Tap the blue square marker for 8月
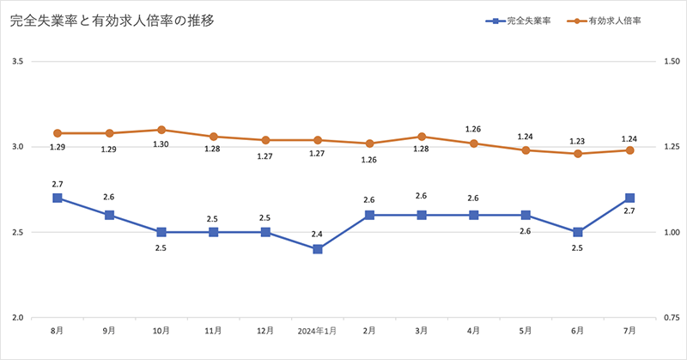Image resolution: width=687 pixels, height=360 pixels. (58, 198)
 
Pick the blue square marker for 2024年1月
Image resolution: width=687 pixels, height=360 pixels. (318, 249)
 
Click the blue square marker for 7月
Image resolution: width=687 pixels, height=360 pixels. (629, 198)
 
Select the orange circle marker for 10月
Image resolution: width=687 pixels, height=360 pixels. (161, 130)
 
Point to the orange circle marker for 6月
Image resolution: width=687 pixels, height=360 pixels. (578, 154)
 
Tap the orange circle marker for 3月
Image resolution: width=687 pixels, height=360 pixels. (422, 137)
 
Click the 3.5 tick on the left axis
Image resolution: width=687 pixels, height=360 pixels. (17, 61)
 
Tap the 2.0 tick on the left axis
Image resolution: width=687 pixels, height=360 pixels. (17, 318)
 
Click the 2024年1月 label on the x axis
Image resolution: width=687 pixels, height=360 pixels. (318, 331)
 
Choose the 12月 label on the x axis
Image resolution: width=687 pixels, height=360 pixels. (265, 331)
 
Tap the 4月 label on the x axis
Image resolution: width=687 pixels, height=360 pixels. (474, 331)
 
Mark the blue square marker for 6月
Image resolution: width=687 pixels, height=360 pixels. (578, 232)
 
